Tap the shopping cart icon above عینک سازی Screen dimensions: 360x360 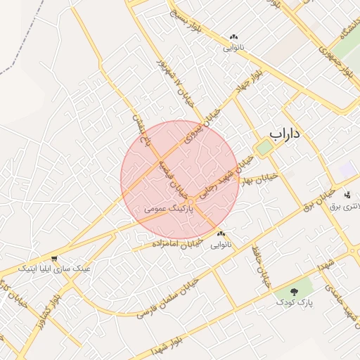coord(54,259)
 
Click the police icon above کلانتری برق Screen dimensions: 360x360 coord(347,194)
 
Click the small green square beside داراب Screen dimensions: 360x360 coord(264,148)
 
